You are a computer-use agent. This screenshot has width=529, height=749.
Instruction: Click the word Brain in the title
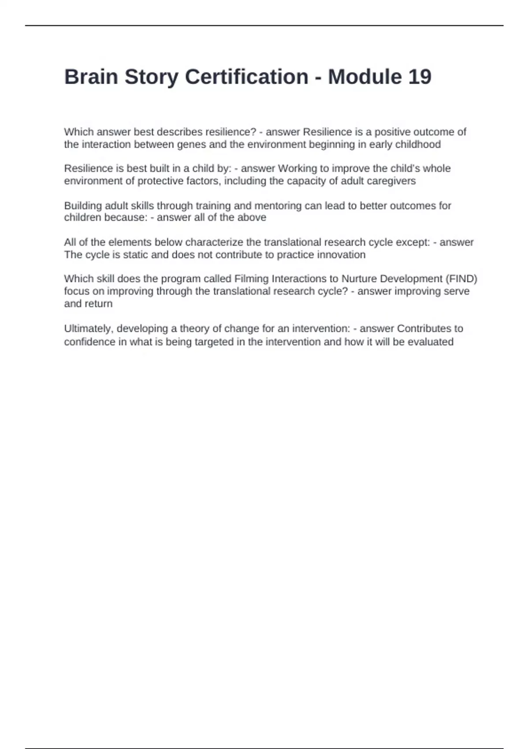pyautogui.click(x=91, y=77)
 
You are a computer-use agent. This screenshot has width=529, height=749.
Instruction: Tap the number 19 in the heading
pyautogui.click(x=419, y=77)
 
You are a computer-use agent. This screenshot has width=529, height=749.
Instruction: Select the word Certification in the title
pyautogui.click(x=246, y=77)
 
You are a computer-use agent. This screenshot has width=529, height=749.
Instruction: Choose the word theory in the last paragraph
pyautogui.click(x=194, y=329)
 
